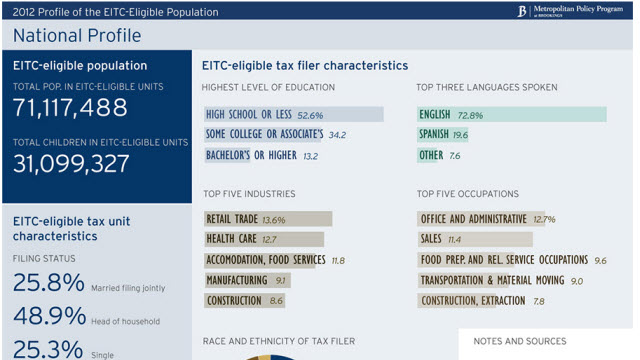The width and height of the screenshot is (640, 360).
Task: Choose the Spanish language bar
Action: coord(443,135)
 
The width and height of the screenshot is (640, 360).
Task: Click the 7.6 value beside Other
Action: coord(455,156)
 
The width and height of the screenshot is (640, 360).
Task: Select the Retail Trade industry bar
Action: coord(268,219)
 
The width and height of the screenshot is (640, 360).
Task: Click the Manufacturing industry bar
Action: coord(248,280)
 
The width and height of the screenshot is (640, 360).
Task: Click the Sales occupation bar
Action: coord(475,239)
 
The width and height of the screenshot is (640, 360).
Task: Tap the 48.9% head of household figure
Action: coord(47,316)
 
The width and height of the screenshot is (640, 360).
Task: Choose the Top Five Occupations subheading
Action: coord(467,193)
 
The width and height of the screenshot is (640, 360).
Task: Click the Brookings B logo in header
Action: coord(521,12)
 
